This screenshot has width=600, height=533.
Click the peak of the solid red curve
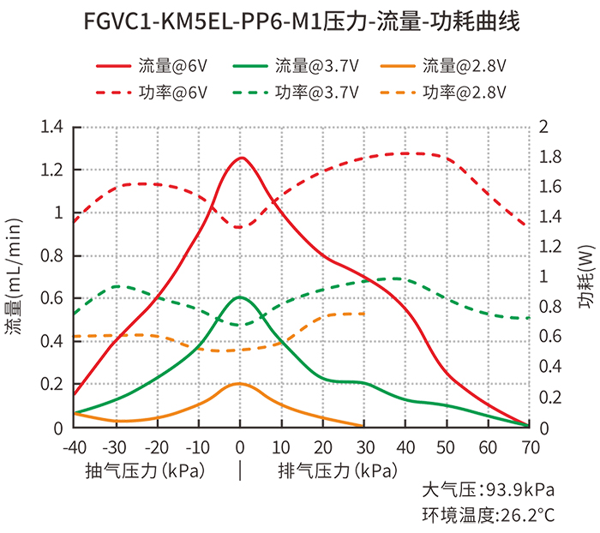240,158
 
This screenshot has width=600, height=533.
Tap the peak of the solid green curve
240,297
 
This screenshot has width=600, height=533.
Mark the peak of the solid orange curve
239,383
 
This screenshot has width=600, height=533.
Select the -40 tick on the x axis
75,447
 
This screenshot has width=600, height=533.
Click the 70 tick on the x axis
529,447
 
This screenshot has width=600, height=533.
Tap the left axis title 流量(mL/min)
17,276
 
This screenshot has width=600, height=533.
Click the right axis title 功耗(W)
585,276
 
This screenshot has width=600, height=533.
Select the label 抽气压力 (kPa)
144,470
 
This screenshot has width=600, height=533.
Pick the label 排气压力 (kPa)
336,470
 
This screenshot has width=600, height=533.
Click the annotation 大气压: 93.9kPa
488,491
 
